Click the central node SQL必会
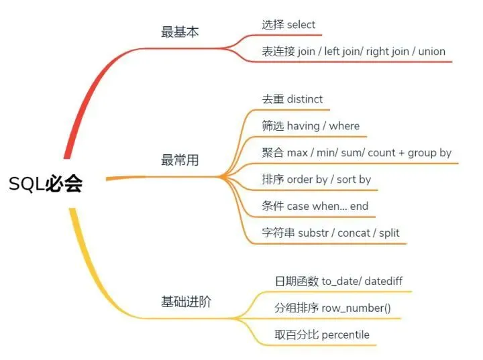[x=46, y=184]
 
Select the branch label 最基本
[x=180, y=32]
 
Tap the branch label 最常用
[x=180, y=160]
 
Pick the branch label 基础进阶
[x=186, y=301]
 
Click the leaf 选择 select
[x=288, y=25]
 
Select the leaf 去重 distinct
[x=292, y=99]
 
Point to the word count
[x=382, y=153]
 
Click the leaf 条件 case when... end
[x=315, y=206]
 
